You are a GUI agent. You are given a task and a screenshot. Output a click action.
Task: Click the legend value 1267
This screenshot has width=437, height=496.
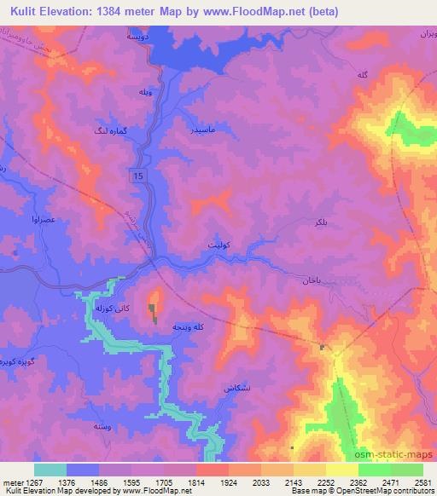pos(22,482)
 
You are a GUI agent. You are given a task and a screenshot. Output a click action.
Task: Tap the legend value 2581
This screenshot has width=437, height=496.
pos(422,482)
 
